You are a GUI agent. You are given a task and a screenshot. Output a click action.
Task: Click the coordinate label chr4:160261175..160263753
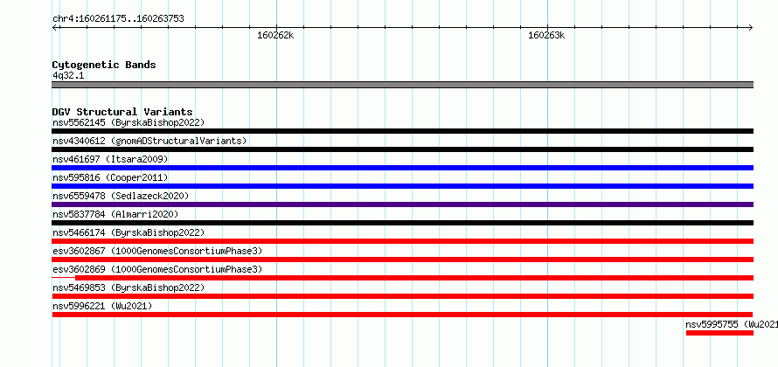coord(118,19)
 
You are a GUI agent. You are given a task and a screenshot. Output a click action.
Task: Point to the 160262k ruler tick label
coord(275,35)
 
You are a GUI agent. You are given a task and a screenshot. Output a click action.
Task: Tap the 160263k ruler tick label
coord(546,35)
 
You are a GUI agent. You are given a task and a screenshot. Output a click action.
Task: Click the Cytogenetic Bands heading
coord(104,65)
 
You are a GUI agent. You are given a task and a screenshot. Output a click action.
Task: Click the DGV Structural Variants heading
coord(122,112)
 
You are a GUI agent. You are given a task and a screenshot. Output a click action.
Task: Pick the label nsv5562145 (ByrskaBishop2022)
coord(129,122)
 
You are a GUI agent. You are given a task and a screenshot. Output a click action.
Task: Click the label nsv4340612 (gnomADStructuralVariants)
coord(149,141)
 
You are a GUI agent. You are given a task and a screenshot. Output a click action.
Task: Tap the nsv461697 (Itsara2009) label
coord(110,159)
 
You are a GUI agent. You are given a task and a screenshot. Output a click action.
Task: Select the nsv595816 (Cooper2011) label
coord(110,177)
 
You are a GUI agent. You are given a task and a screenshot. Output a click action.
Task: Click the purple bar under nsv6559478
coord(402,204)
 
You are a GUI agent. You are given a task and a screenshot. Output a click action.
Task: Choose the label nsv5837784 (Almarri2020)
coord(115,214)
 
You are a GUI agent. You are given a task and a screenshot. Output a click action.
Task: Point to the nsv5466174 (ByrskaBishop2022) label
coord(129,232)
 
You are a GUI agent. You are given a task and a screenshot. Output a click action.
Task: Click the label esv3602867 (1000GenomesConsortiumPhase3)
coord(157,251)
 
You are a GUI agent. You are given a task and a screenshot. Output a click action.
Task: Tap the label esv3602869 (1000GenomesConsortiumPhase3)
coord(157,269)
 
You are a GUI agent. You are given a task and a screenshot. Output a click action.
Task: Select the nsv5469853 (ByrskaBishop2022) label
coord(129,287)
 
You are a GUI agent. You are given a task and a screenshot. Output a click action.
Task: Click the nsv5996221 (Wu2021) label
coord(102,306)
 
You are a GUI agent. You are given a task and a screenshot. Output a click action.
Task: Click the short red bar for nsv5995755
coord(719,333)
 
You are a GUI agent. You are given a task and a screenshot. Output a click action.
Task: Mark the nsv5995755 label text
coord(732,324)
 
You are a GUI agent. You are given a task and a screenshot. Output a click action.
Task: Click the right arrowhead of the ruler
coord(751,28)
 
